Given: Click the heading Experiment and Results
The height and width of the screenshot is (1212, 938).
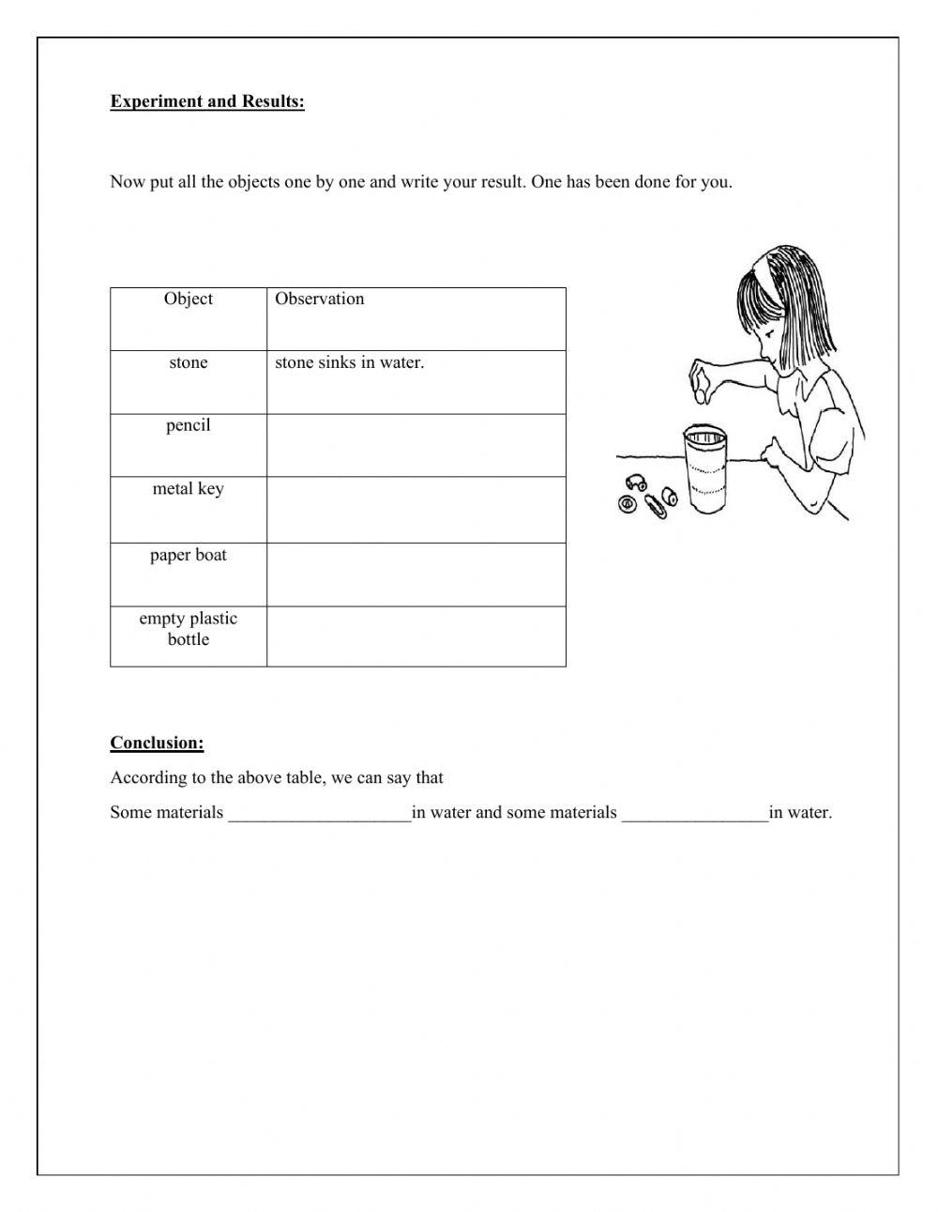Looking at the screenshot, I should pos(207,101).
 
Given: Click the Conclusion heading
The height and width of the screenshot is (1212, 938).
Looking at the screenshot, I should pos(157,743).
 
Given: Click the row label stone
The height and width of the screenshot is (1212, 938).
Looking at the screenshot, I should pos(189,363).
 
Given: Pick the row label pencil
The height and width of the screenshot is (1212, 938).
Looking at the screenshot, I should pos(189,426).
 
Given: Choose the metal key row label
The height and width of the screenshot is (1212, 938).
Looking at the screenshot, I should pos(189,489).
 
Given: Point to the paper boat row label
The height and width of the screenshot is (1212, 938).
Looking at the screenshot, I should pos(189,556).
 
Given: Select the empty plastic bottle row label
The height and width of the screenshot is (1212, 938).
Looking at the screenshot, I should pos(189,629).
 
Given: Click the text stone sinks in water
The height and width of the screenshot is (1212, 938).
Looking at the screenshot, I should pos(349,363).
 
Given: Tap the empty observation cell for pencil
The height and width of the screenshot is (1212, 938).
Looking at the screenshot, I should pos(416,446).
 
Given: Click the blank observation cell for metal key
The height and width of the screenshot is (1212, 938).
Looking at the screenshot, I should pos(416,510).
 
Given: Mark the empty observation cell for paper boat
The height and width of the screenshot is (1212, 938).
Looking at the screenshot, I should pos(416,575).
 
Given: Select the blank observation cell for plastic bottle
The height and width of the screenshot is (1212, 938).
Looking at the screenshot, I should pos(416,637).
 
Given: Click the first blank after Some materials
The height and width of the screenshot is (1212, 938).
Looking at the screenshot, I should pos(319,813).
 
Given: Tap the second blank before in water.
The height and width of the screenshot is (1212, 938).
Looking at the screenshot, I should pos(694,813).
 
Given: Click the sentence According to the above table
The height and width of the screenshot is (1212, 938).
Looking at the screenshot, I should pos(277,778).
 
